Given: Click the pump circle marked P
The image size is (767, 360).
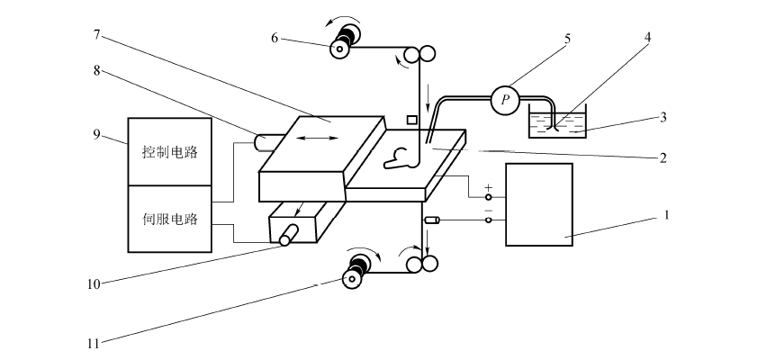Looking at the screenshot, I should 504,100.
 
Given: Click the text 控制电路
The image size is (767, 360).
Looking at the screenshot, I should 170,151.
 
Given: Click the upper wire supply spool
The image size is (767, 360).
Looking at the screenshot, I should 344,45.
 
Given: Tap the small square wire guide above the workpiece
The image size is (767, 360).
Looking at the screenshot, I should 412,120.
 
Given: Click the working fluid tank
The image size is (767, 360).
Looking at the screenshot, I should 557,123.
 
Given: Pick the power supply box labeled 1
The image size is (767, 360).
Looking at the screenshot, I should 539,204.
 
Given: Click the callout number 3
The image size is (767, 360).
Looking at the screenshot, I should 665,117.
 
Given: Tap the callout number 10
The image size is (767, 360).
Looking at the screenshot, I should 92,283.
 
